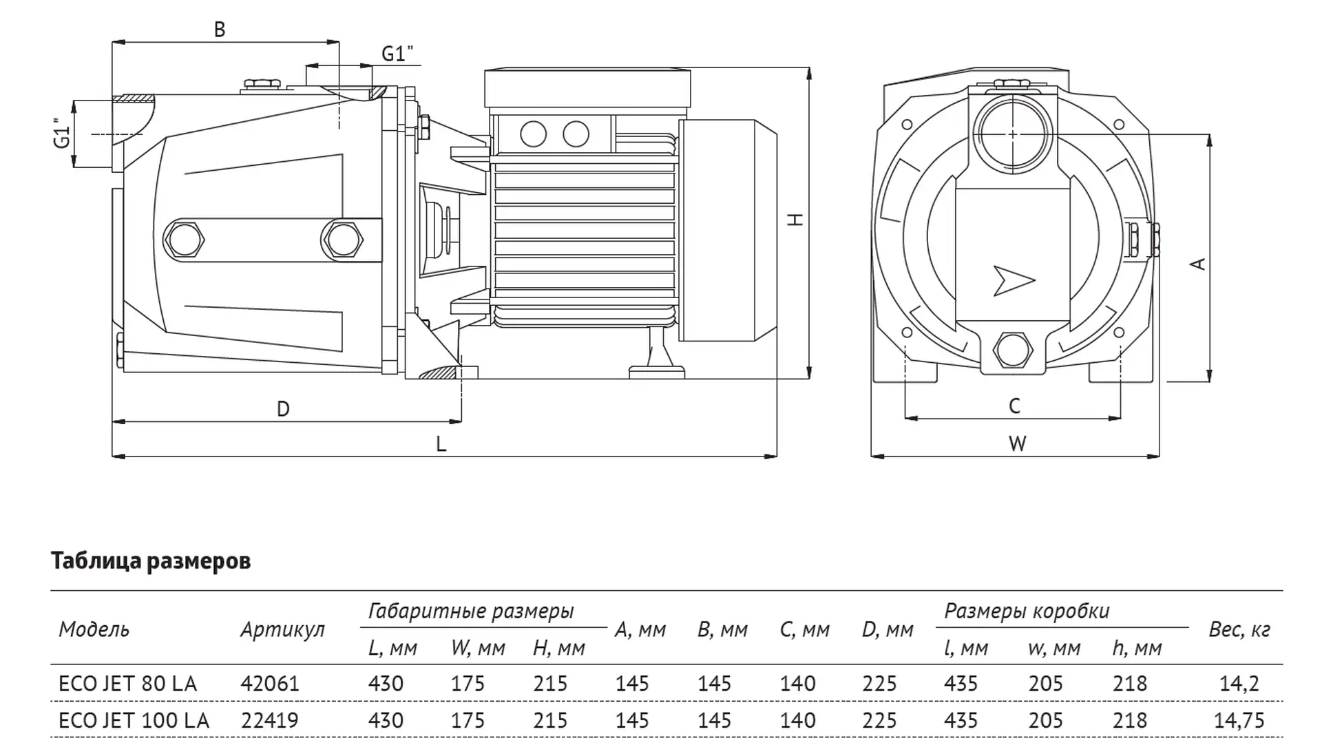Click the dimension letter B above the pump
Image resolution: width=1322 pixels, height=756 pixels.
[219, 30]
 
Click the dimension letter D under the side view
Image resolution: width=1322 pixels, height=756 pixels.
[283, 409]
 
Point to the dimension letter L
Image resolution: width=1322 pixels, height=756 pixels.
[441, 444]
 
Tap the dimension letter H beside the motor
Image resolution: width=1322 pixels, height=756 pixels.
[796, 220]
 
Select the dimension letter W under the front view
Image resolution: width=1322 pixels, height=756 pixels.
[1017, 444]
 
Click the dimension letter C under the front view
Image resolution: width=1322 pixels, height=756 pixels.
[1014, 407]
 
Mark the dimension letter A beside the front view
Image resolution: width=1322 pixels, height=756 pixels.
[1199, 264]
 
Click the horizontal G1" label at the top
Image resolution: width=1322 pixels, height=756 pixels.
[397, 54]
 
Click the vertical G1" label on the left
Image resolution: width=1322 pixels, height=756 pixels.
[63, 133]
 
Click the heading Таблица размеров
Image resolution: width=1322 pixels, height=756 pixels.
[151, 561]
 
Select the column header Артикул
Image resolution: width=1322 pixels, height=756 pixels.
[282, 629]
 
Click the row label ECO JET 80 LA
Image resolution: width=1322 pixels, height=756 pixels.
[127, 684]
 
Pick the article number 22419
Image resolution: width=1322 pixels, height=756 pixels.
[269, 720]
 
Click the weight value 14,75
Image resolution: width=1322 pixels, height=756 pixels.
[1239, 720]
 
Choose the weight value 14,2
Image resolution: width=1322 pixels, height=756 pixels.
[1239, 684]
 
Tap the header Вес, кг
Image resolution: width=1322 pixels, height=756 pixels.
[1239, 629]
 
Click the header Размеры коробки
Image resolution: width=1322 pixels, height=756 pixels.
[1026, 611]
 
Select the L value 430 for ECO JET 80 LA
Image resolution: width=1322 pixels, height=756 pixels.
[386, 684]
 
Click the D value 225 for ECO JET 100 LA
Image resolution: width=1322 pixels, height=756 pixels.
[879, 720]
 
